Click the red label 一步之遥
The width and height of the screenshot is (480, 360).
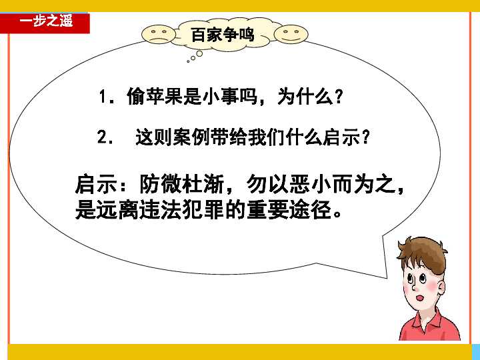[x=45, y=21]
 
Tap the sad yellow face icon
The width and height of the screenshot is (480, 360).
[x=157, y=34]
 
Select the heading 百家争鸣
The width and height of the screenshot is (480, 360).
[x=223, y=35]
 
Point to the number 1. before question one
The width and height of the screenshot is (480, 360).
[x=105, y=97]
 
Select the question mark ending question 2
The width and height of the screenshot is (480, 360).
[x=365, y=139]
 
